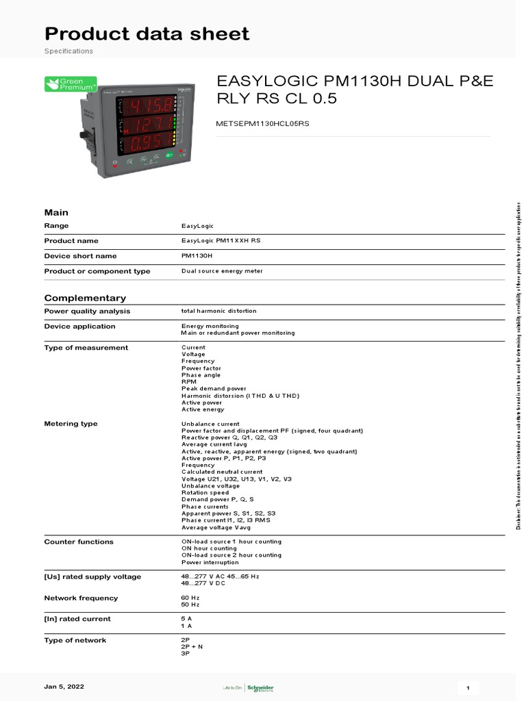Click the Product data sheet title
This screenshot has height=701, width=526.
(147, 34)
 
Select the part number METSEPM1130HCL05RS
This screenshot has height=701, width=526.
(263, 124)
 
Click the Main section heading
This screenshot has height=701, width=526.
(56, 212)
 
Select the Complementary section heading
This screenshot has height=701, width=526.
(85, 298)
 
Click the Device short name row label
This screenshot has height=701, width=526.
(80, 256)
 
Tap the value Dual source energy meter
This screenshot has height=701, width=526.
(222, 271)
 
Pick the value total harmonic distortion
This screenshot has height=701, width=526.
(218, 311)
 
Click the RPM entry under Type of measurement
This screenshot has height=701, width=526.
(189, 382)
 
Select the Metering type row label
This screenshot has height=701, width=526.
(71, 424)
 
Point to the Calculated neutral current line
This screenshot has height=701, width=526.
(222, 472)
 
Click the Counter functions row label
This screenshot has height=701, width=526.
(79, 541)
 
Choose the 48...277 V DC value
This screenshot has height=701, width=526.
(203, 583)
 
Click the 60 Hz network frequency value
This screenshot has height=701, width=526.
(190, 598)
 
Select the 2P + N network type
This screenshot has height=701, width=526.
(192, 647)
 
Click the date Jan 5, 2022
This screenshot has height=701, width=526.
(64, 686)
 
